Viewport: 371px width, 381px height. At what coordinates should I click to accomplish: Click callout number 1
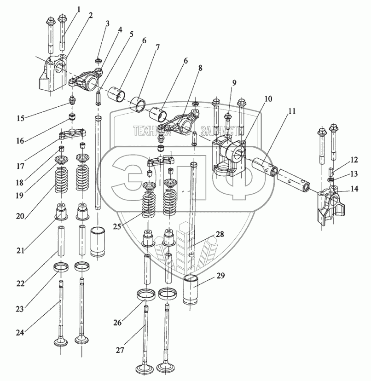79,9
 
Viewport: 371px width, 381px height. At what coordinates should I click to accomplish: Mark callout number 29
221,276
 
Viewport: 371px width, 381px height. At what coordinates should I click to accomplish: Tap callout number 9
234,83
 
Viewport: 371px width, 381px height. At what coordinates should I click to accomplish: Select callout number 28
220,234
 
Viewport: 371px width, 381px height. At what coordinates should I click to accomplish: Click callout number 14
354,188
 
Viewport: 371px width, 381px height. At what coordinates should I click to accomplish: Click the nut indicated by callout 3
98,60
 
